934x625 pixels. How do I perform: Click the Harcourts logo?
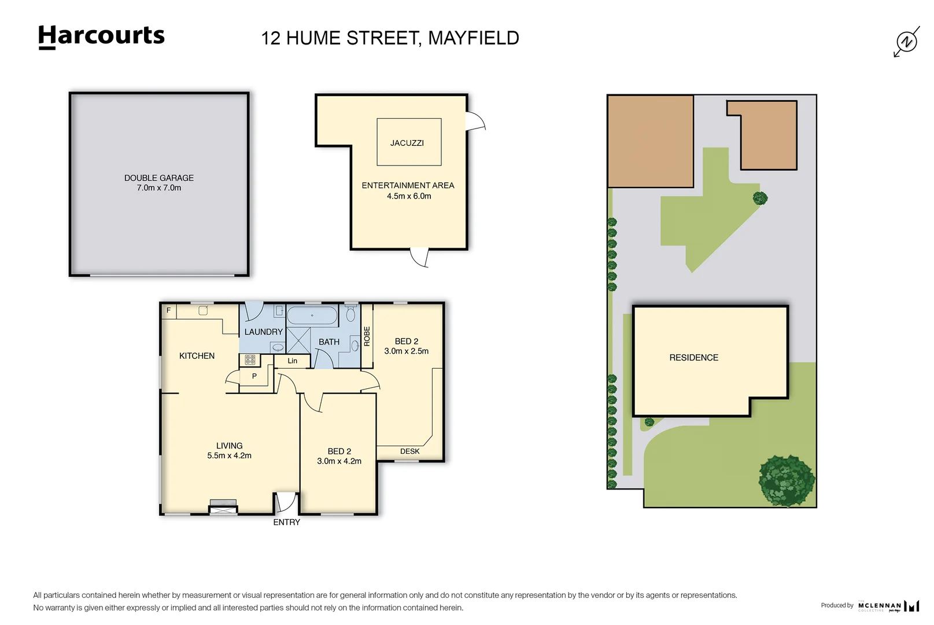point(101,36)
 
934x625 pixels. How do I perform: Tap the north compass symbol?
point(906,42)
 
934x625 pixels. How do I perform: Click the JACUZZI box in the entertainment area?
point(409,142)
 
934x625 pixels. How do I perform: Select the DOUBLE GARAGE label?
point(159,178)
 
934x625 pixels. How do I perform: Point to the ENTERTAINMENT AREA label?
point(408,186)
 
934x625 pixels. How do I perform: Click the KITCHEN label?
point(197,356)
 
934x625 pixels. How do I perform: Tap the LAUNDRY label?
point(263,332)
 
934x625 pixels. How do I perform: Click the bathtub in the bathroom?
point(312,316)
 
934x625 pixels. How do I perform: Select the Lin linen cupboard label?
point(293,361)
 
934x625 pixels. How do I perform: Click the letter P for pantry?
point(254,376)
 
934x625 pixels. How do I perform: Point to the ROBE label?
point(367,336)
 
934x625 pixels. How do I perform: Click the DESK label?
point(409,451)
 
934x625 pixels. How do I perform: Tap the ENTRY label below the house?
point(287,523)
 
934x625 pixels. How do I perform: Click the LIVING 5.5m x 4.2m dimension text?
point(229,456)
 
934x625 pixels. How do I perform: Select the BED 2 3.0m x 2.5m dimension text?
point(406,351)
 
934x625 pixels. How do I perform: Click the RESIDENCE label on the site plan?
point(693,358)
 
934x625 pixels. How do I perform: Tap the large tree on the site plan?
point(787,480)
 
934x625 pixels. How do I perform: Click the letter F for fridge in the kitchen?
point(169,311)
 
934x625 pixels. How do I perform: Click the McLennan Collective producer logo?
point(888,606)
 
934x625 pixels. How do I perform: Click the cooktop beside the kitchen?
point(250,360)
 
